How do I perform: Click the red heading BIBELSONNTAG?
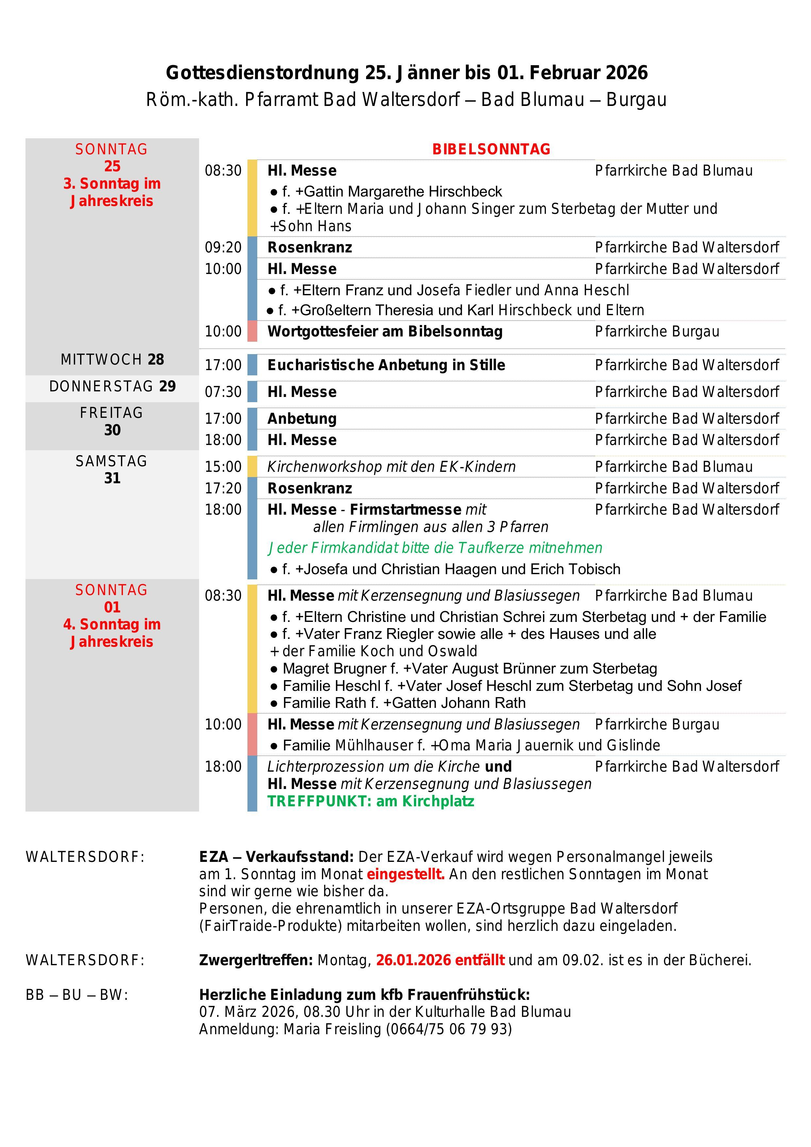tap(491, 149)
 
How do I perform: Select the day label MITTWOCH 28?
tap(112, 360)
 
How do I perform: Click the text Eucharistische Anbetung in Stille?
tap(386, 365)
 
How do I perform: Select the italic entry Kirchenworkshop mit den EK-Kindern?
tap(391, 467)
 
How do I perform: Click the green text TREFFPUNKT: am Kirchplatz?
tap(371, 801)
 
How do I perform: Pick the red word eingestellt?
tap(405, 874)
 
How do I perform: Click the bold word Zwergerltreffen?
tap(256, 960)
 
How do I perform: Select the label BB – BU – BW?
tap(77, 995)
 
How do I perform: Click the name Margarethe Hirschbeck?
tap(402, 192)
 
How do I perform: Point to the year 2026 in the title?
tap(626, 73)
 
